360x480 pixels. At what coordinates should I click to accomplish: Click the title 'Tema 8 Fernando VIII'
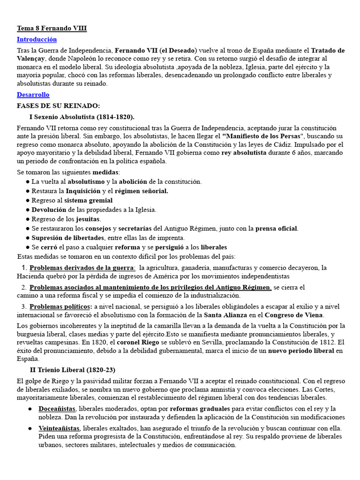pyautogui.click(x=52, y=29)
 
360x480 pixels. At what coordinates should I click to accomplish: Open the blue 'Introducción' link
pyautogui.click(x=37, y=39)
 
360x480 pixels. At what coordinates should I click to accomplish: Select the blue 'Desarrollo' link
pyautogui.click(x=33, y=95)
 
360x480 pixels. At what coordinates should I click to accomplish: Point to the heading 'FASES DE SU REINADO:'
pyautogui.click(x=58, y=105)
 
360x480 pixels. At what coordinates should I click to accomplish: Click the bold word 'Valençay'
pyautogui.click(x=31, y=59)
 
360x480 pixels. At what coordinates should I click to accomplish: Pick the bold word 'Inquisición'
pyautogui.click(x=83, y=191)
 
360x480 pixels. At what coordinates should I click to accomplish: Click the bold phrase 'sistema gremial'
pyautogui.click(x=89, y=200)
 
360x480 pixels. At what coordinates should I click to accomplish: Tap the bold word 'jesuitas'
pyautogui.click(x=88, y=219)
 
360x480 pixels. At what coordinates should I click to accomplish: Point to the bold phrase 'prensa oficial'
pyautogui.click(x=276, y=228)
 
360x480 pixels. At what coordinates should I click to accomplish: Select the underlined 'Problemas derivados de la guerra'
pyautogui.click(x=82, y=268)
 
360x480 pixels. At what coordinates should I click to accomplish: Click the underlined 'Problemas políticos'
pyautogui.click(x=60, y=307)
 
